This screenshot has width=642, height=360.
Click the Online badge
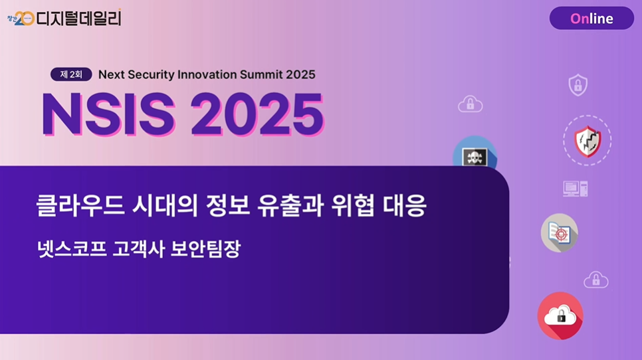pos(591,18)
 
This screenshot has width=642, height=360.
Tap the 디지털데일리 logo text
pos(79,18)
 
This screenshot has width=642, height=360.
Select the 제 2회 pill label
pos(71,74)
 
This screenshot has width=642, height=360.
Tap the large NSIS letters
pos(108,114)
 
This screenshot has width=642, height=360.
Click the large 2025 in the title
pos(257,114)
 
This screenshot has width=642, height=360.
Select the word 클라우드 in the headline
pos(80,205)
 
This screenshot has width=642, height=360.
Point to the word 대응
pos(405,205)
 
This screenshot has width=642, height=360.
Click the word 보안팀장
pos(205,248)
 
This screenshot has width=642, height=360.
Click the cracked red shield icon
pos(588,141)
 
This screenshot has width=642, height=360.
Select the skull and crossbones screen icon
pos(475,157)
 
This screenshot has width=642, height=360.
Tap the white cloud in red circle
pos(560,315)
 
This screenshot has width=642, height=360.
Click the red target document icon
pos(560,232)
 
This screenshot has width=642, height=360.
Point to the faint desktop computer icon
pos(576,189)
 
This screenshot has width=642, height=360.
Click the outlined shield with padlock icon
pos(578,85)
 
